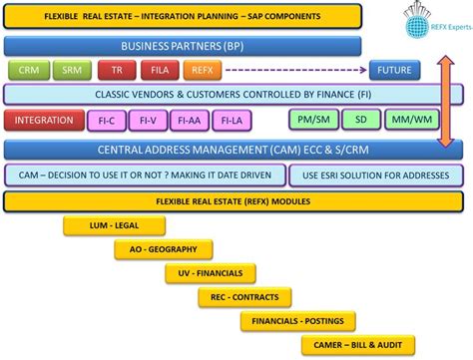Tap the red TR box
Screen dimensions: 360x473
pos(117,70)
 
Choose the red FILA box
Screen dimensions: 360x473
pos(158,70)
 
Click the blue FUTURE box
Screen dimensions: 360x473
pos(394,70)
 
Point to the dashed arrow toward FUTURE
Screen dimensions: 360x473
pos(294,70)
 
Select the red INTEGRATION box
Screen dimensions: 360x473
pos(45,121)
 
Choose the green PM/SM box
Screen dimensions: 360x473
pos(312,121)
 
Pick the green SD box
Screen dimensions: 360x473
pos(361,121)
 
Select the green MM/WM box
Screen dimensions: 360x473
pos(410,121)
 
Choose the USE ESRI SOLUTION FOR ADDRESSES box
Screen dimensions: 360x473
pos(368,176)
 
